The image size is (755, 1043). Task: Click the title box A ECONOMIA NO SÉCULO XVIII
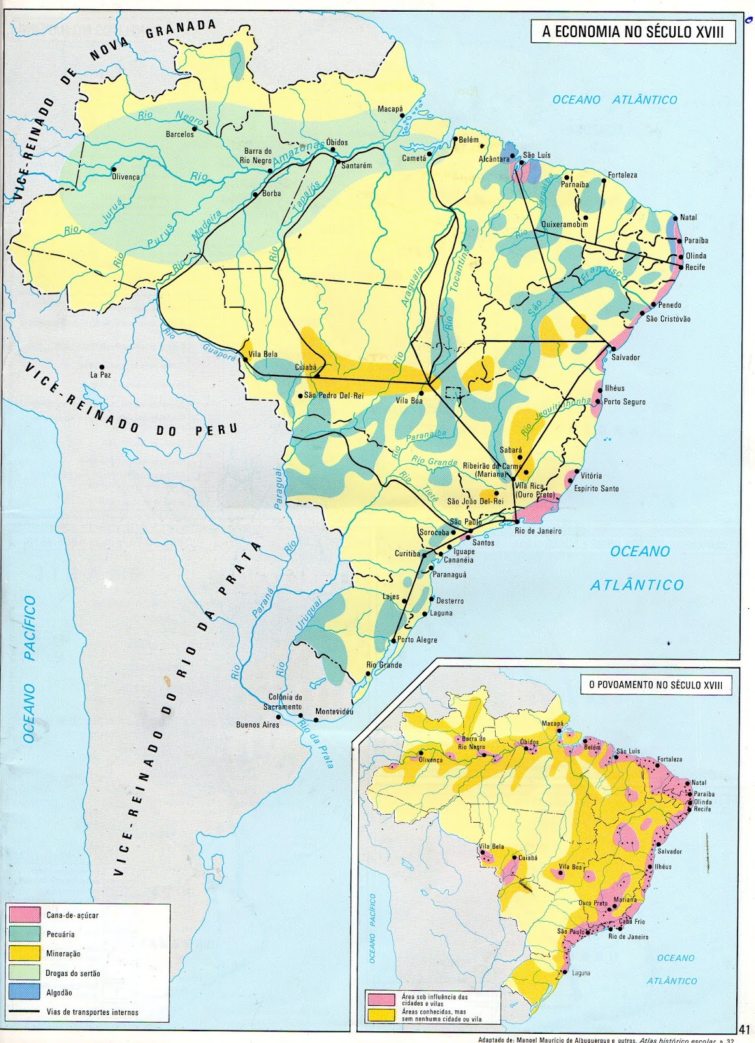(x=633, y=32)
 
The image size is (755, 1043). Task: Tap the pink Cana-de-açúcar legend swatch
(x=25, y=915)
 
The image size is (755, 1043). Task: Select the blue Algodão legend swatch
(x=25, y=992)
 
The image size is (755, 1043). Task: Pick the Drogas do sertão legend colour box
(x=25, y=973)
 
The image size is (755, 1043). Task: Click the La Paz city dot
(x=102, y=367)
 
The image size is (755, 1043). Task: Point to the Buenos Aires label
(x=257, y=725)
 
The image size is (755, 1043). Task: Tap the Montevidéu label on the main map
(x=334, y=711)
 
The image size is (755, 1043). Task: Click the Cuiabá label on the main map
(x=306, y=368)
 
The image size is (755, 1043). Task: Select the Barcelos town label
(x=180, y=134)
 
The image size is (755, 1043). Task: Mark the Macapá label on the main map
(x=390, y=109)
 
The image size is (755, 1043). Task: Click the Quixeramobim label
(x=564, y=225)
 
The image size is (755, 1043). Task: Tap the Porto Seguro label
(x=624, y=402)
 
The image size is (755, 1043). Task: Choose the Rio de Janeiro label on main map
(x=537, y=531)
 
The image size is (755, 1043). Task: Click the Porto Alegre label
(x=417, y=639)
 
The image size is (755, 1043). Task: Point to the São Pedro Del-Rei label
(x=334, y=395)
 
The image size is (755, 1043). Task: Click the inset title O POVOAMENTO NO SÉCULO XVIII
(x=655, y=684)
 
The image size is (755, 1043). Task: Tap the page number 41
(x=745, y=1029)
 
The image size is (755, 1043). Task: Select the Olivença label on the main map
(x=126, y=177)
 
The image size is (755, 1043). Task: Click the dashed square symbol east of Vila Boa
(x=453, y=392)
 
